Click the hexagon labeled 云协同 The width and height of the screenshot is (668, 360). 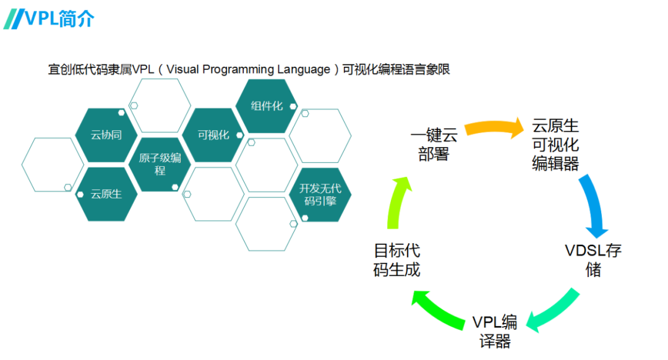106,135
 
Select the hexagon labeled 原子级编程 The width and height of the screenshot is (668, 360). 160,164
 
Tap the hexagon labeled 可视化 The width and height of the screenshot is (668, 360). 213,135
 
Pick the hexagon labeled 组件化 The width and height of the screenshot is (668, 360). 267,106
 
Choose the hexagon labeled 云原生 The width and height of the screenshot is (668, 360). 106,194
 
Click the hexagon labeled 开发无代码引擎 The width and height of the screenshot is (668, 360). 320,194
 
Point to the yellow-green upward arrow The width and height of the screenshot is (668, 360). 396,204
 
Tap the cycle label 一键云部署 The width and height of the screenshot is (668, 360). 434,144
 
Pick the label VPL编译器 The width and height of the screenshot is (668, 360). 495,332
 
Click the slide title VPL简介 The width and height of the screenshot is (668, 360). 59,19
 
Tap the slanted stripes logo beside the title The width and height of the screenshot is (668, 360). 13,19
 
